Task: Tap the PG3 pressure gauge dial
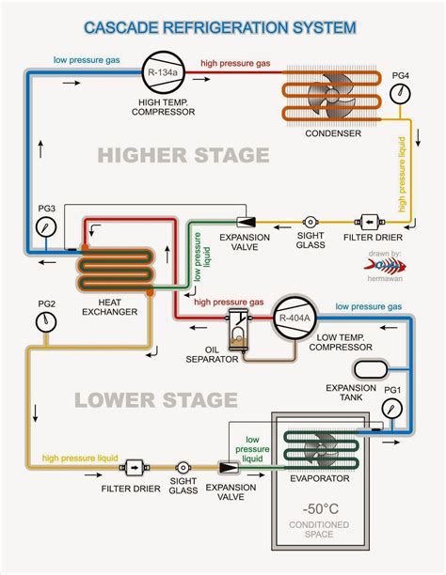pyautogui.click(x=43, y=228)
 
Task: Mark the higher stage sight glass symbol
pyautogui.click(x=306, y=225)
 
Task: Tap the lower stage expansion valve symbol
pyautogui.click(x=228, y=466)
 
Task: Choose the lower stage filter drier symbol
pyautogui.click(x=133, y=466)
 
